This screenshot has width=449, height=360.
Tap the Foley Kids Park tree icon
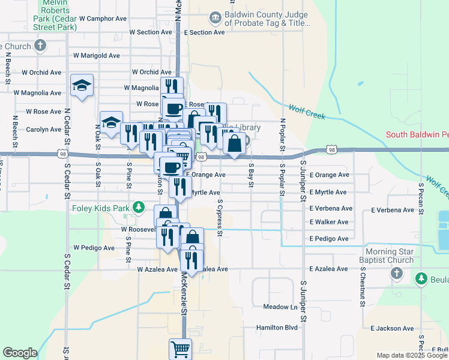point(139,208)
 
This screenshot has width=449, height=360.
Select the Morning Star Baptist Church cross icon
point(396,274)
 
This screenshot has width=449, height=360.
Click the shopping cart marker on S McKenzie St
point(180,348)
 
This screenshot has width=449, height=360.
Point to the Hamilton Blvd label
point(277,328)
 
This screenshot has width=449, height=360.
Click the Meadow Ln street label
point(280,307)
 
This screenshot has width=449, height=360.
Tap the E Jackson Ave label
point(392,328)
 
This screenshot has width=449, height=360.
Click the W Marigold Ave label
point(96,56)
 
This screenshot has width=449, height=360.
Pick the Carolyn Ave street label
point(43,129)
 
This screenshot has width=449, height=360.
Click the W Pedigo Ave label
point(94,247)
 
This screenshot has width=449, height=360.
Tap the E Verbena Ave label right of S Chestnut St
point(393,211)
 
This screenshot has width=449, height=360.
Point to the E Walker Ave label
point(329,222)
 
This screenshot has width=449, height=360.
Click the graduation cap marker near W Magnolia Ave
point(82,85)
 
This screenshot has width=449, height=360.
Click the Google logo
point(20,353)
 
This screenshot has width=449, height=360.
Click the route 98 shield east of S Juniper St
point(332,148)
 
